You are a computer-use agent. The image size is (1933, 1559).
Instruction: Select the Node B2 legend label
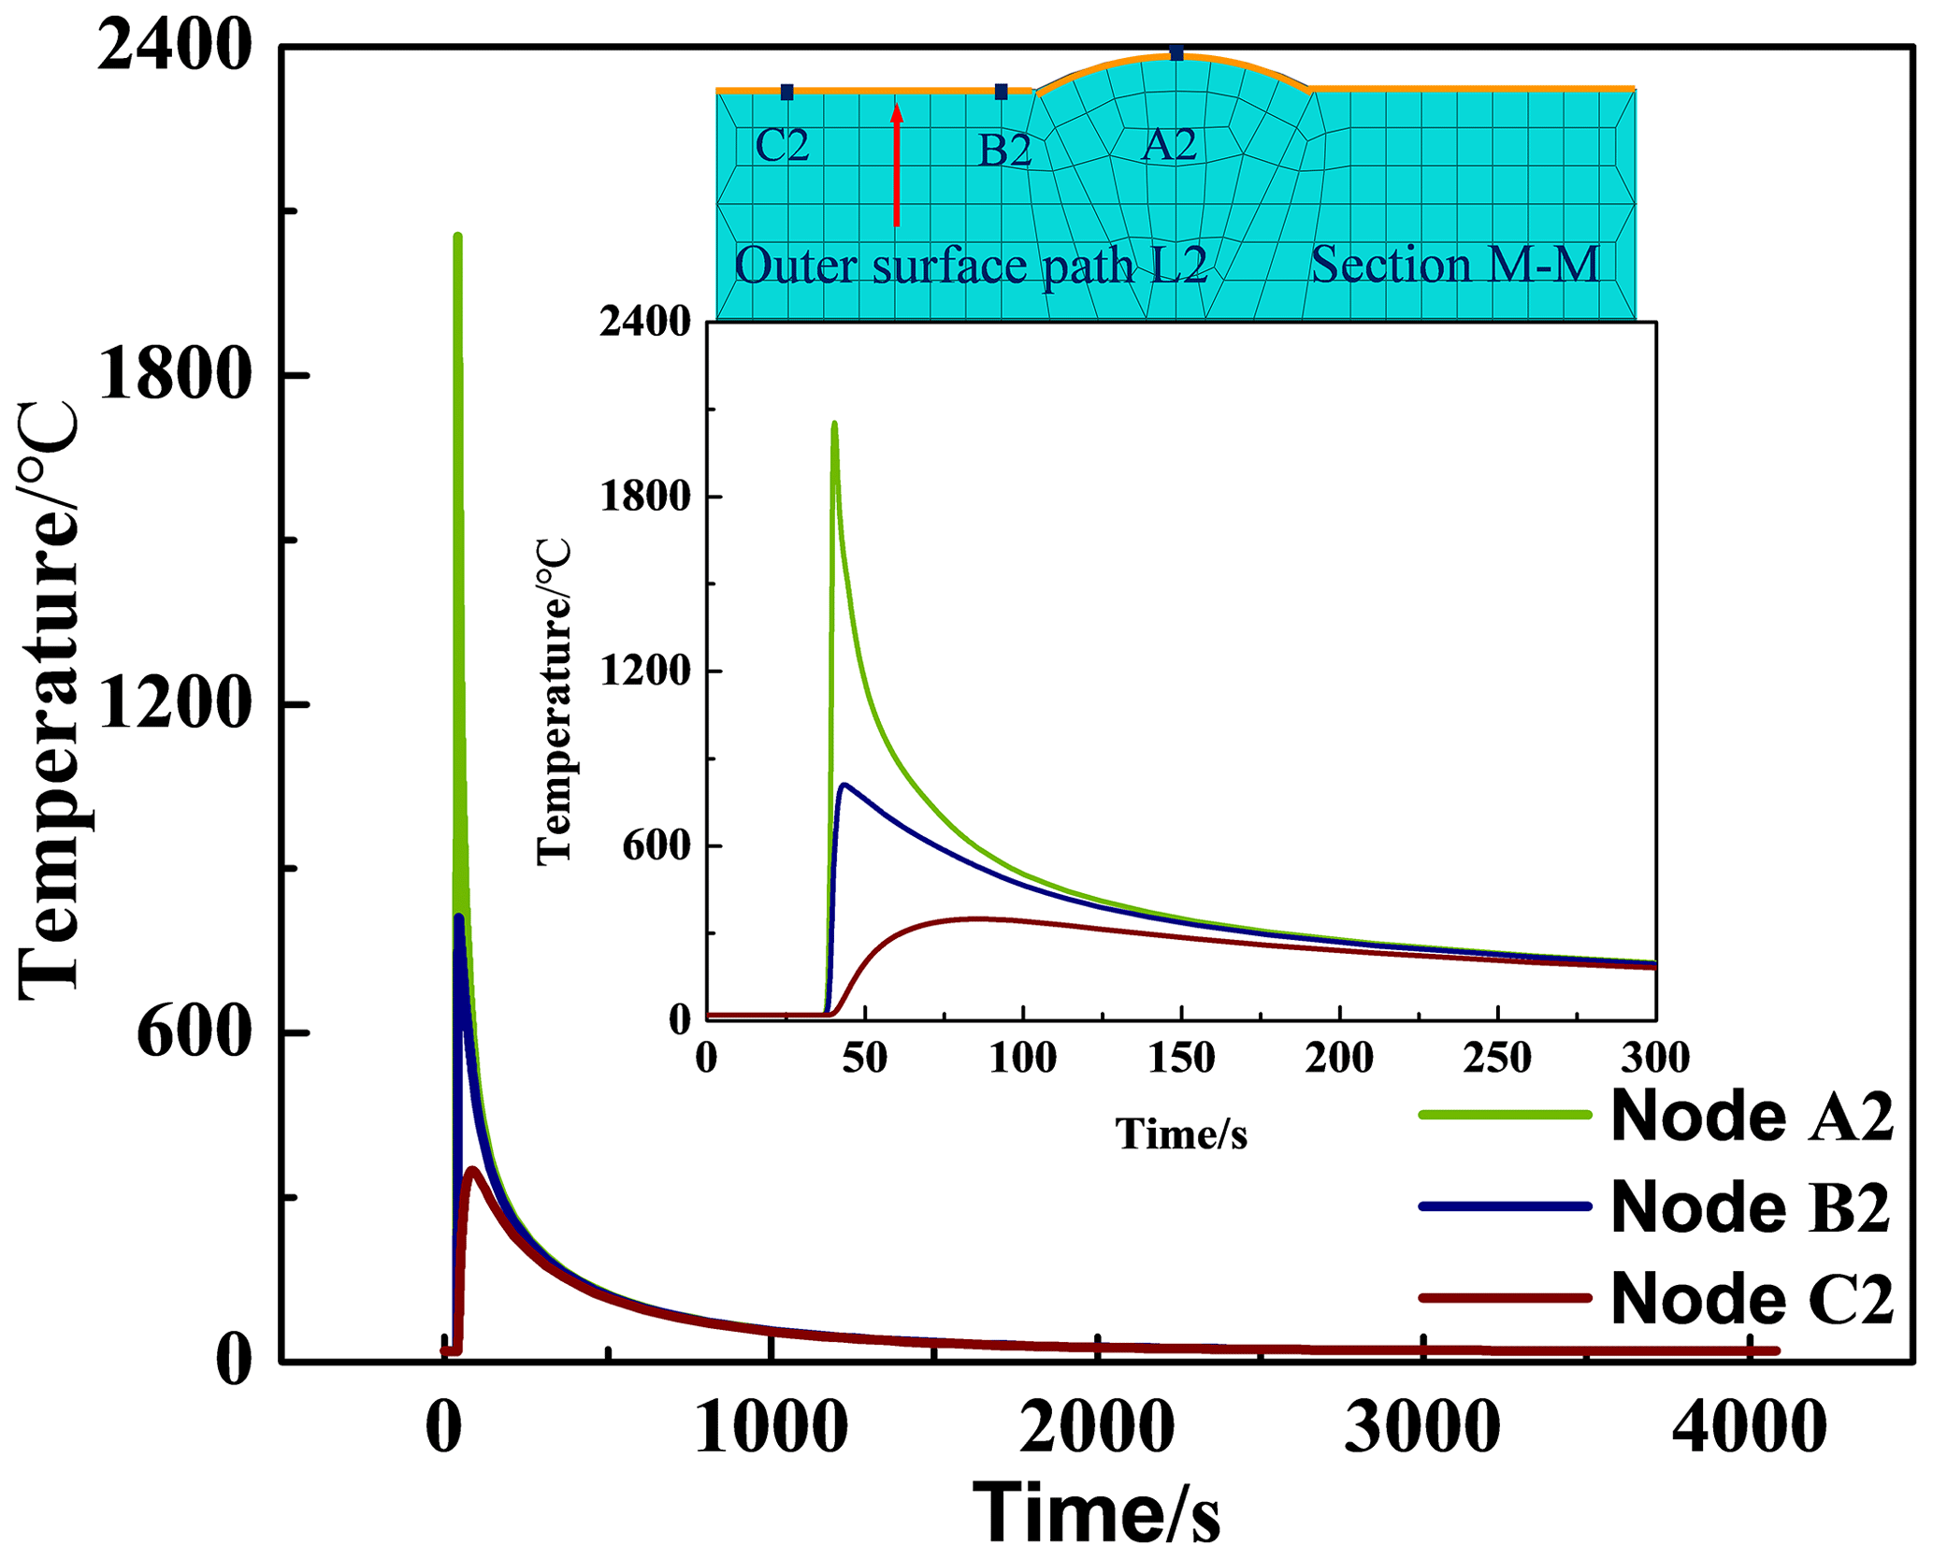pyautogui.click(x=1752, y=1207)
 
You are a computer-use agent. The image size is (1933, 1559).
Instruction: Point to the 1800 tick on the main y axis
pyautogui.click(x=174, y=377)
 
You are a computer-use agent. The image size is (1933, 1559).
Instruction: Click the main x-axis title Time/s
pyautogui.click(x=1096, y=1512)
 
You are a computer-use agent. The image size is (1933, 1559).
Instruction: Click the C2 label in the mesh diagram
pyautogui.click(x=782, y=146)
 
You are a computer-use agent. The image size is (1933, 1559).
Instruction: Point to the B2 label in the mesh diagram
pyautogui.click(x=1004, y=151)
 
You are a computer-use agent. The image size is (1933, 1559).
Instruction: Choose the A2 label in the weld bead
pyautogui.click(x=1169, y=145)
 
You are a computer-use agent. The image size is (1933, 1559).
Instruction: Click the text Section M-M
pyautogui.click(x=1454, y=265)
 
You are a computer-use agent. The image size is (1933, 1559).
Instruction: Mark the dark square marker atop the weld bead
pyautogui.click(x=1176, y=53)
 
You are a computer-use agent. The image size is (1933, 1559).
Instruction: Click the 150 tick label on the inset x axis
pyautogui.click(x=1181, y=1058)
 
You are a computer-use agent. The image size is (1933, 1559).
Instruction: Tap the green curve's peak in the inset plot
pyautogui.click(x=833, y=424)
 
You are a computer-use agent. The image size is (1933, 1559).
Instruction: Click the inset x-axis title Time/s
pyautogui.click(x=1181, y=1133)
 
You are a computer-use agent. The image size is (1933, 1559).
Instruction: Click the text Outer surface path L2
pyautogui.click(x=971, y=267)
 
